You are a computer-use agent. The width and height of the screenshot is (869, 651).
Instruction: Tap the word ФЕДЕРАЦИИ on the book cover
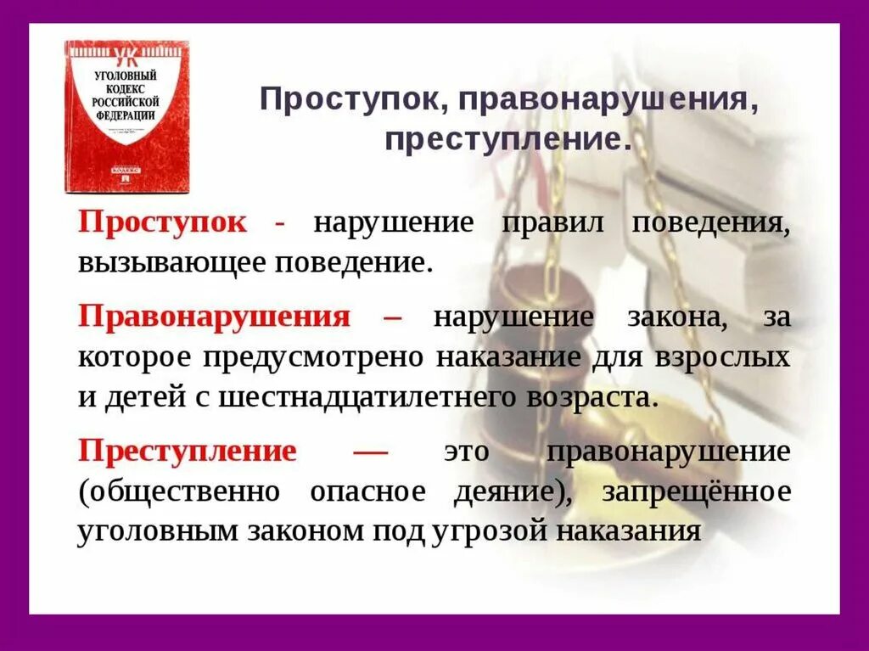pos(126,114)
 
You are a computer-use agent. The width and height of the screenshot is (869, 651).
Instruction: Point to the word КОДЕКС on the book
pos(126,89)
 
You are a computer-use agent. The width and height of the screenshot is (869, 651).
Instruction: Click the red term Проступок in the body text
pos(163,222)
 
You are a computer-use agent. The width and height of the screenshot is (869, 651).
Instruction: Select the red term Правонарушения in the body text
pos(214,317)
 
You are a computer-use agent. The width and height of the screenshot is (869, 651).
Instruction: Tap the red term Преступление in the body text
pos(188,451)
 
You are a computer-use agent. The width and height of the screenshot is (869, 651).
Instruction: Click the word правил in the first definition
pos(552,222)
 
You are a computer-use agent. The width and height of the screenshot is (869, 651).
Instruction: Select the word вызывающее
pos(172,261)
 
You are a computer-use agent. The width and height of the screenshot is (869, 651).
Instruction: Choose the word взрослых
pos(721,357)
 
